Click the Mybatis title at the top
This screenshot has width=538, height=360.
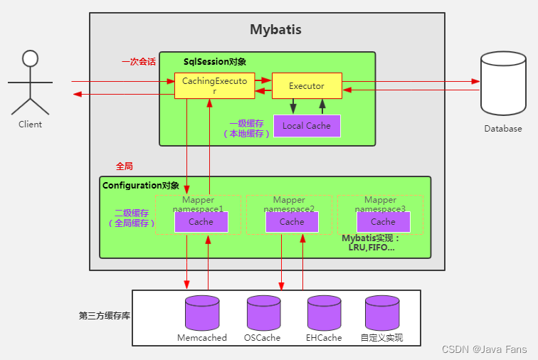(275, 30)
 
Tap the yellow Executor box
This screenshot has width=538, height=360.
(307, 86)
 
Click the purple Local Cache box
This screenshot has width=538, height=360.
(307, 126)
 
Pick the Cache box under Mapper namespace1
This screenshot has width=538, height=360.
(201, 222)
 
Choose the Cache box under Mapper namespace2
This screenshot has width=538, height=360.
(292, 222)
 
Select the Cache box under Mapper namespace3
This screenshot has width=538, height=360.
(383, 222)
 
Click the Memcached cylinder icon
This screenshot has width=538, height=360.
(201, 312)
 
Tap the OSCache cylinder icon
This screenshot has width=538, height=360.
(263, 312)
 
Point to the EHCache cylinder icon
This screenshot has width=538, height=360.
(325, 312)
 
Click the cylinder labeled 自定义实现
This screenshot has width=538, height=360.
(382, 312)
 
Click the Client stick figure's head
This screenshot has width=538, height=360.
(29, 58)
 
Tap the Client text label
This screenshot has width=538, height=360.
(30, 125)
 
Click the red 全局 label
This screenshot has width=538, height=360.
(124, 166)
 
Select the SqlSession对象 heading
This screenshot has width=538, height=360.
(215, 62)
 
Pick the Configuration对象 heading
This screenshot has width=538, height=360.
(141, 186)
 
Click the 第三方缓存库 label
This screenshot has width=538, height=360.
(104, 315)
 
